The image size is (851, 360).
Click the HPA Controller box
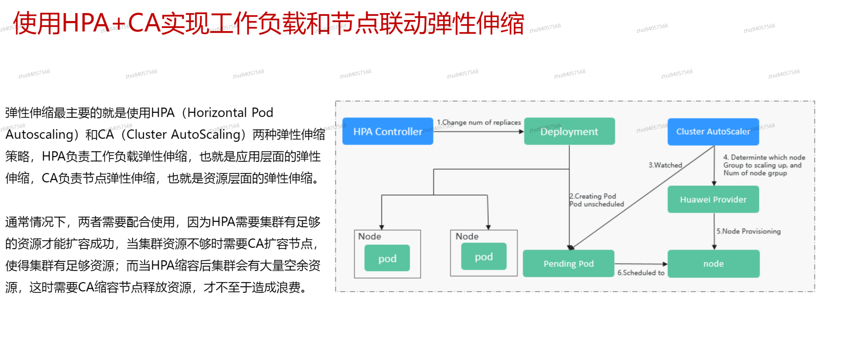388,131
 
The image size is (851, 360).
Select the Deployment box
569,131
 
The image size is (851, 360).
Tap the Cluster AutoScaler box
713,131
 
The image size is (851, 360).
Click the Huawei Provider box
713,200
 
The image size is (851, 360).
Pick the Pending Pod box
569,263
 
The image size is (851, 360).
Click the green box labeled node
713,263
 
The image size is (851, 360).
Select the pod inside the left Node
387,258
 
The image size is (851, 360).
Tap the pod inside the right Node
484,257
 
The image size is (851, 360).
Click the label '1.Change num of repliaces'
479,123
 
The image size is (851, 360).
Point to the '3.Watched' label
665,165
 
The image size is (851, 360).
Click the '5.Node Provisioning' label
748,231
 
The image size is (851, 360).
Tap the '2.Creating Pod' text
593,196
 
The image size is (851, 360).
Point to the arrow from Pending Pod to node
641,264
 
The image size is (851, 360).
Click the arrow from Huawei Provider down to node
714,231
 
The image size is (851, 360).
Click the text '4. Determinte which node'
764,157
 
